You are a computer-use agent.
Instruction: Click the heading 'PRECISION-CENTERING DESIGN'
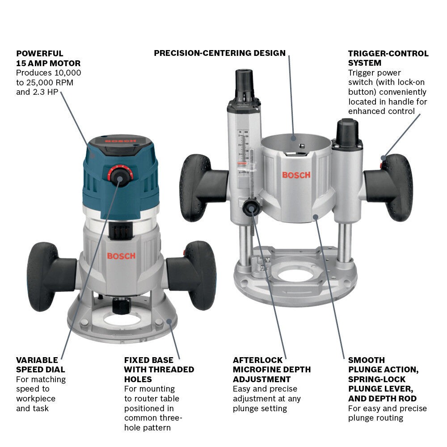pyautogui.click(x=219, y=53)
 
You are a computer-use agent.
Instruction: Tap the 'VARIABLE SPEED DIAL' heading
pyautogui.click(x=40, y=365)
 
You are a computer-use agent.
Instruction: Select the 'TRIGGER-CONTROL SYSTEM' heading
pyautogui.click(x=388, y=58)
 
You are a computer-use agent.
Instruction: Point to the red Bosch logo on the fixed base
pyautogui.click(x=121, y=256)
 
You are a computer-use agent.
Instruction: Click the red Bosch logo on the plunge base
pyautogui.click(x=296, y=174)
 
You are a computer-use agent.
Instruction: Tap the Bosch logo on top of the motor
pyautogui.click(x=120, y=141)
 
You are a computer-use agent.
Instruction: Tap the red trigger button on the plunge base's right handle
pyautogui.click(x=383, y=157)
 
